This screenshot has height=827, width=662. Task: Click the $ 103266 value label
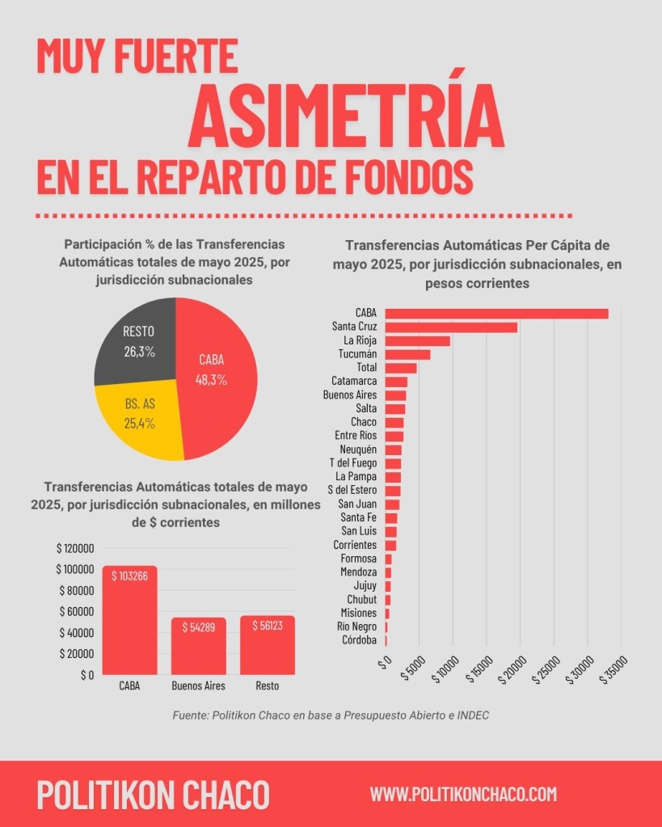[x=130, y=576]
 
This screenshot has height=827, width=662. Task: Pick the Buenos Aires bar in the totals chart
[x=198, y=646]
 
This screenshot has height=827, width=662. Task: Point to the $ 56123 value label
[x=268, y=626]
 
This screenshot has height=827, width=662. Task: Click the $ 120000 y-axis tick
[x=75, y=549]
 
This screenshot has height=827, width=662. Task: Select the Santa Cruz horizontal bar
[x=451, y=327]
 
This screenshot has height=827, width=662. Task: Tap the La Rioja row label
[x=361, y=340]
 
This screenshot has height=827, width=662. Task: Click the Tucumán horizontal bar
[x=407, y=354]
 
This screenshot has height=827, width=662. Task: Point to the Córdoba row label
[x=359, y=640]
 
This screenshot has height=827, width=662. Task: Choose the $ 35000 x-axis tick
[x=614, y=669]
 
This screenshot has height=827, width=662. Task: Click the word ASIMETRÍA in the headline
[x=346, y=116]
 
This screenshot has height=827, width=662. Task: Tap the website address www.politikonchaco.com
[x=463, y=794]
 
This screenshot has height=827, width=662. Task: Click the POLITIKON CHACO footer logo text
[x=153, y=795]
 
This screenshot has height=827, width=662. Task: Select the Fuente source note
[x=331, y=715]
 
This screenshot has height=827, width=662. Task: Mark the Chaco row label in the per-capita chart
[x=364, y=422]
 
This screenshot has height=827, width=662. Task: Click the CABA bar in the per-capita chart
[x=497, y=314]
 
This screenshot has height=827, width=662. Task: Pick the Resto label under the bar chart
[x=268, y=686]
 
